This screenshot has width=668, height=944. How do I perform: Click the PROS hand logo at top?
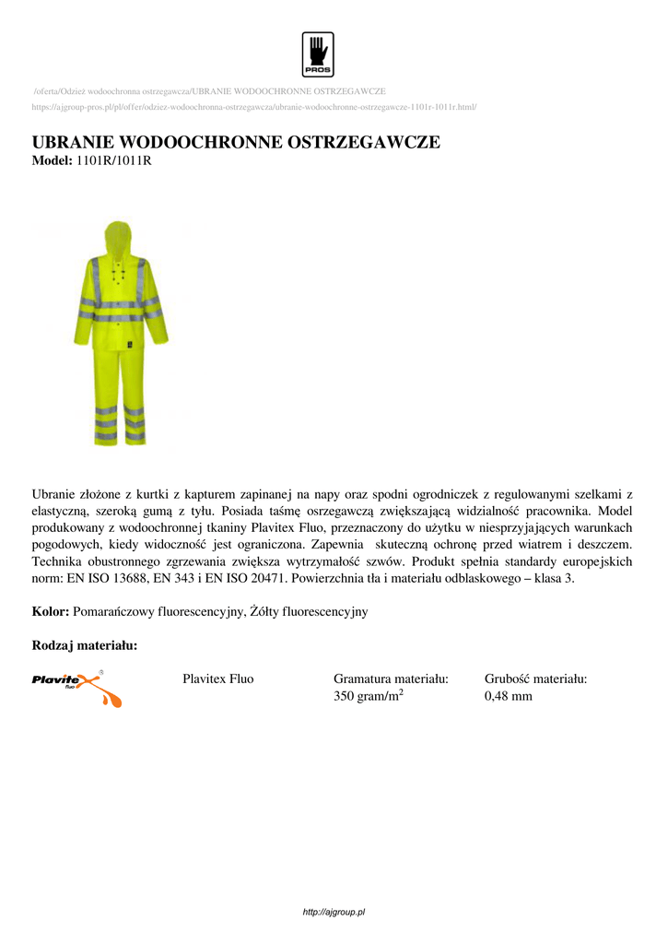point(317,53)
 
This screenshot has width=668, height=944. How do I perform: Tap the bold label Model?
point(52,160)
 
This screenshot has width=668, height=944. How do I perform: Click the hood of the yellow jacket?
point(117,235)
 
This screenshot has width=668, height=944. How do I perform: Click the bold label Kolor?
point(51,612)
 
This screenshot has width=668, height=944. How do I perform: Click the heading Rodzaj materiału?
point(85,645)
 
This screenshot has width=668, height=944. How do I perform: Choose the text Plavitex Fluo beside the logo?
point(217,679)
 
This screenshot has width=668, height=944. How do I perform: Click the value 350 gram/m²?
point(369,696)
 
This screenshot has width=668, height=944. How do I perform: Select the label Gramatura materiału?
point(391,679)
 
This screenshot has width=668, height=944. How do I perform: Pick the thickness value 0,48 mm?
point(509,696)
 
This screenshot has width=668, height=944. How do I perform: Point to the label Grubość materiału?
point(536,679)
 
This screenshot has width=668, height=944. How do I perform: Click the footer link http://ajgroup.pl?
point(334,912)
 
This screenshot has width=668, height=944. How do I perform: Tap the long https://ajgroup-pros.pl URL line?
point(253,107)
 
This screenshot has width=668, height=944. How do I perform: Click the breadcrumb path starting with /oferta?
point(209,91)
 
